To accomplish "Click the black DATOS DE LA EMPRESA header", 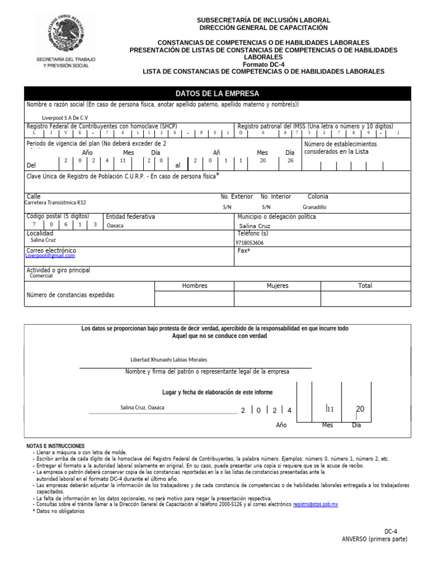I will coord(217,94).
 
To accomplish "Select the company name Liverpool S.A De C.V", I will coord(65,118).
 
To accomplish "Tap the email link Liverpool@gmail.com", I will coord(50,255).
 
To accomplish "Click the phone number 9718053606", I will coord(250,243).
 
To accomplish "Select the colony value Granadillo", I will coord(314,207).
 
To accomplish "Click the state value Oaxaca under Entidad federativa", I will coord(115,226).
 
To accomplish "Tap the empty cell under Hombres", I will coord(194,299).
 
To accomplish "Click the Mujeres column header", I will coord(277,286).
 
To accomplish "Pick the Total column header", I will coord(365,286).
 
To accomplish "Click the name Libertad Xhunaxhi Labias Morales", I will coord(168,360).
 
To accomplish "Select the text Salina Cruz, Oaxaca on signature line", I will coord(142,407).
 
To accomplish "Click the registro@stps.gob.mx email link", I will coord(315,504).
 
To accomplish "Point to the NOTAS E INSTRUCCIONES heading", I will coord(56,446).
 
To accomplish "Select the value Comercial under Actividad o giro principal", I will coord(41,276).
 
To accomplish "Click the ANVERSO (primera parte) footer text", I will coord(374,539).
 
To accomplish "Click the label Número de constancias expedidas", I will coord(70,295).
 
